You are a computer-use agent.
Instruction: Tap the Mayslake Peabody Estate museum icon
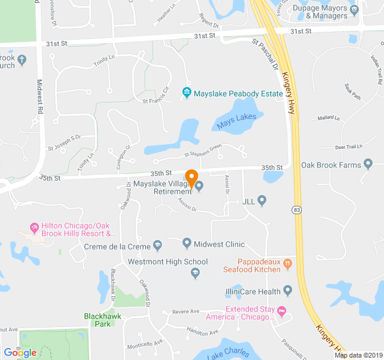pos(187,92)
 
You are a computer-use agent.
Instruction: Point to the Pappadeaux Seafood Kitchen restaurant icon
pos(287,262)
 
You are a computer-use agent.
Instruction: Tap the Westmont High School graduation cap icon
pos(195,274)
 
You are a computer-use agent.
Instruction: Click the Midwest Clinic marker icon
pos(187,244)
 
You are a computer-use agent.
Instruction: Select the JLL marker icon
pos(262,200)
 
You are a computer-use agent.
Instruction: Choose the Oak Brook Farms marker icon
pos(368,164)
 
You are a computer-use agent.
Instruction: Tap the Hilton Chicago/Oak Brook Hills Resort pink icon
pos(34,229)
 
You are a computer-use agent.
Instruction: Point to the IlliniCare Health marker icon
pos(287,292)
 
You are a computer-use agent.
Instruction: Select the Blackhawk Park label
pos(96,319)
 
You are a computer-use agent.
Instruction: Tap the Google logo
pos(20,353)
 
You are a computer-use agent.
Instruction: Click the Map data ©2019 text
pos(358,355)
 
